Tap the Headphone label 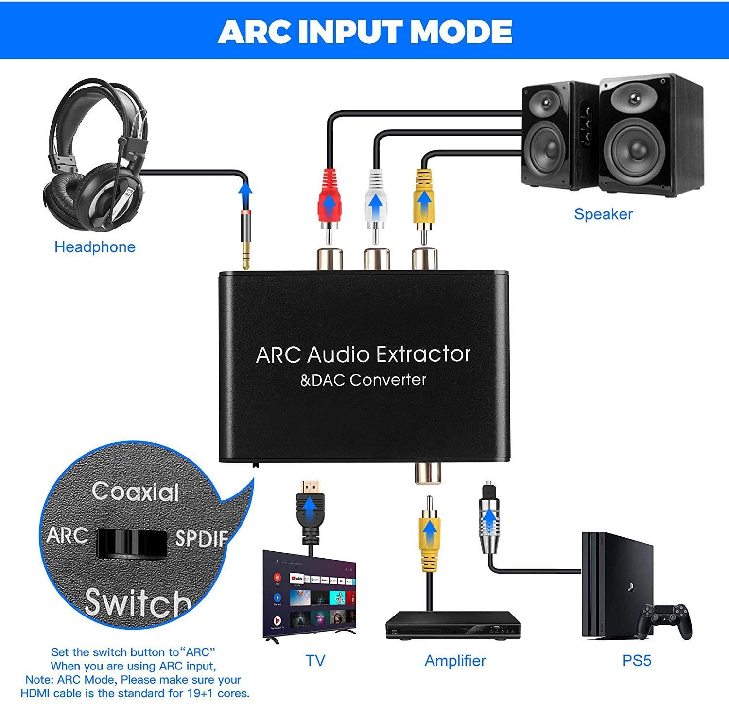tap(95, 247)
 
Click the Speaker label tap(603, 214)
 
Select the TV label tap(315, 661)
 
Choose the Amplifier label tap(455, 661)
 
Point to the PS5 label tap(636, 661)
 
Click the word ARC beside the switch tap(67, 536)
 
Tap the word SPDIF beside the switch tap(200, 538)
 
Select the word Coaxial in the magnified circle tap(135, 492)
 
